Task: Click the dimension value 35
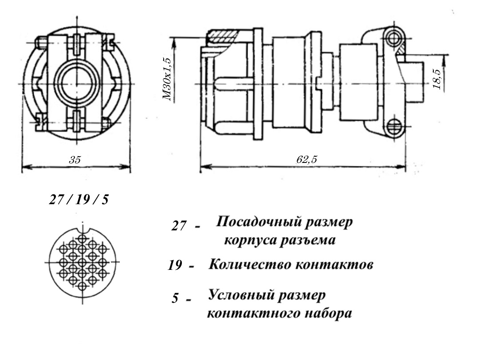point(75,161)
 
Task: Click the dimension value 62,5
point(306,160)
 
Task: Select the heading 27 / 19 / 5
point(78,199)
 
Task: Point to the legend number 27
point(179,226)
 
